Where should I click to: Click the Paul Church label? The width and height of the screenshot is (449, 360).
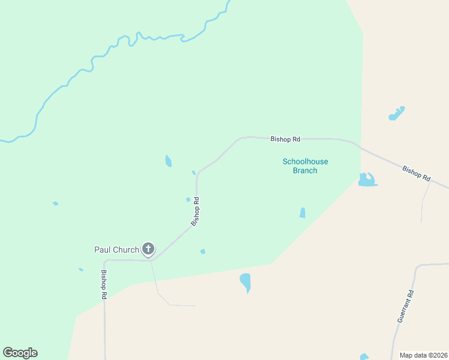coord(116,249)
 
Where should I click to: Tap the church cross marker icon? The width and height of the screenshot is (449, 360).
coord(148,248)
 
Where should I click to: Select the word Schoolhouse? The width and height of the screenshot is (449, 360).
coord(305,161)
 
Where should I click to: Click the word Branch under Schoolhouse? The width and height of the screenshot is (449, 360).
coord(305,170)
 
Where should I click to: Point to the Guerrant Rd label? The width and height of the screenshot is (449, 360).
coord(406,307)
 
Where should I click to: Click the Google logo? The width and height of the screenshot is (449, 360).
coord(20,353)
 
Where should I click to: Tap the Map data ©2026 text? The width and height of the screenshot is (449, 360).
coord(424,355)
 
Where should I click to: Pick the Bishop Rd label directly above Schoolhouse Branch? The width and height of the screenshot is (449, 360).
coord(285,139)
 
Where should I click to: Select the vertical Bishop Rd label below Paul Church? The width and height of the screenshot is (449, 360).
coord(104,284)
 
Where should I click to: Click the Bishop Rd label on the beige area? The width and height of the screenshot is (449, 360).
coord(417,174)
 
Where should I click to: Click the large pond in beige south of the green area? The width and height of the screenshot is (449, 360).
coord(245,281)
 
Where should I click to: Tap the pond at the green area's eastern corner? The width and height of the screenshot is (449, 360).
coord(366,179)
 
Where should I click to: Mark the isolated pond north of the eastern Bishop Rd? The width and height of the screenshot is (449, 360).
coord(396,113)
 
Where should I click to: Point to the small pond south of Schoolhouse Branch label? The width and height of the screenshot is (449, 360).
coord(303,213)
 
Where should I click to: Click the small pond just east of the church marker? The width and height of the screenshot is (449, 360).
coord(203,251)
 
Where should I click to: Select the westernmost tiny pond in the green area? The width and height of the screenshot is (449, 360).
coord(55,203)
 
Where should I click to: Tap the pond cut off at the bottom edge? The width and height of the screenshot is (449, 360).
coord(364,357)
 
